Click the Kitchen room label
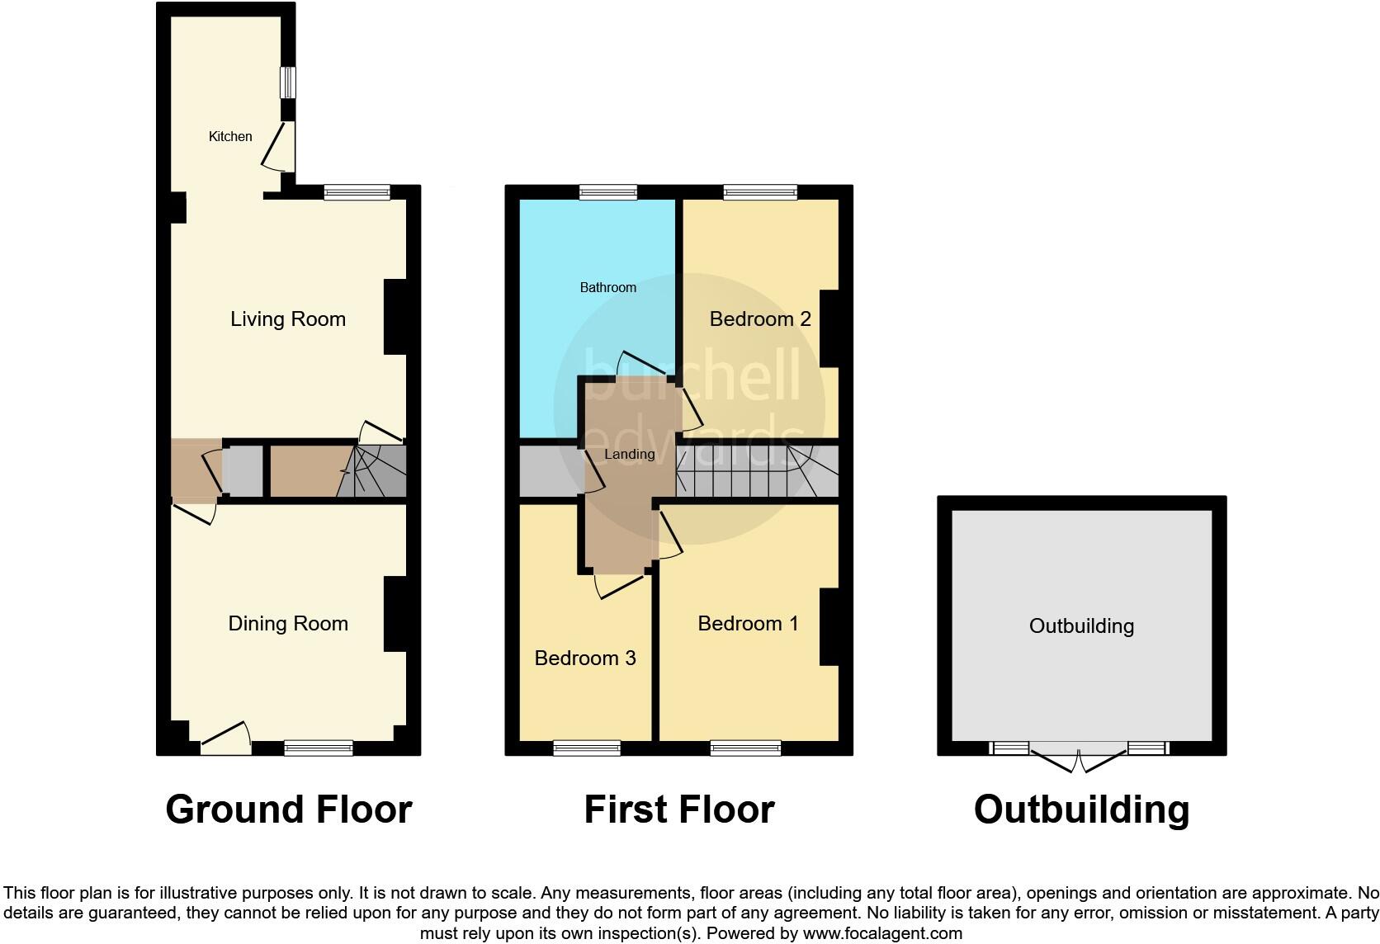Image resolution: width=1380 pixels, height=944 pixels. (x=230, y=136)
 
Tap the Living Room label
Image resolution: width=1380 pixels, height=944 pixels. (x=287, y=319)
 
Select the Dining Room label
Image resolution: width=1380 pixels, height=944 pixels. (x=287, y=624)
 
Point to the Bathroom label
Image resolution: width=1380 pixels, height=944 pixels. (x=607, y=287)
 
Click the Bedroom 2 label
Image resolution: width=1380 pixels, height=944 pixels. (x=760, y=319)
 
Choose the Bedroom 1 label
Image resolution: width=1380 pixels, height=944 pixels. (x=748, y=624)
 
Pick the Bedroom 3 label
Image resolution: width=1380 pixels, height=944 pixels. (x=584, y=658)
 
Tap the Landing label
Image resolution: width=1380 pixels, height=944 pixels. (x=629, y=454)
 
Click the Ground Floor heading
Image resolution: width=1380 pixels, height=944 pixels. (x=288, y=809)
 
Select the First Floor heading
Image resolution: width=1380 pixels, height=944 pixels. (x=678, y=809)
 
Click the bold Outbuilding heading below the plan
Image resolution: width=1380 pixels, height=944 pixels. (x=1080, y=809)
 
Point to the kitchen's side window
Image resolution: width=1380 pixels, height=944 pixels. (x=287, y=83)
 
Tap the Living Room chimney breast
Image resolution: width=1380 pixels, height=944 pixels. (x=395, y=318)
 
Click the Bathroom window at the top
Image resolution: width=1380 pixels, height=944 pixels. (x=607, y=192)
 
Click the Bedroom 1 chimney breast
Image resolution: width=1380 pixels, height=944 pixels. (x=829, y=626)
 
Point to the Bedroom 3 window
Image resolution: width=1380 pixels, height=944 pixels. (x=586, y=748)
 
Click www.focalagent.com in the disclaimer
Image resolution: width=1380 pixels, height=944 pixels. (x=881, y=933)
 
